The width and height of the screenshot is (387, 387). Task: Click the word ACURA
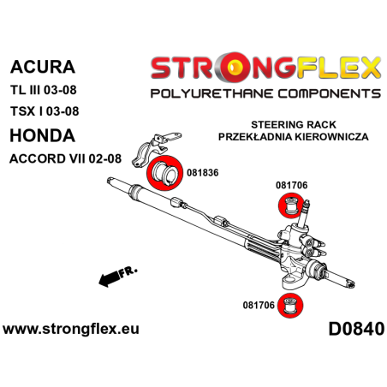pyautogui.click(x=43, y=67)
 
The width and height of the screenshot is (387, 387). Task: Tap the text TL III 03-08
pyautogui.click(x=44, y=90)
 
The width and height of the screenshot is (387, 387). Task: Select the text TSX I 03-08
pyautogui.click(x=45, y=111)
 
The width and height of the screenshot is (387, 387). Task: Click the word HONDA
pyautogui.click(x=43, y=135)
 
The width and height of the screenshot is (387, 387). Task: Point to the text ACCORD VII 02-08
pyautogui.click(x=66, y=158)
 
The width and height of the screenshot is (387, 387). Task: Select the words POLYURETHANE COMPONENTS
pyautogui.click(x=265, y=93)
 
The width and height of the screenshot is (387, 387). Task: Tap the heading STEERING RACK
pyautogui.click(x=294, y=125)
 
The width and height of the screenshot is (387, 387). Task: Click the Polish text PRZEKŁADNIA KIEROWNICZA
pyautogui.click(x=294, y=137)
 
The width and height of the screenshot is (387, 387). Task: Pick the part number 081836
pyautogui.click(x=202, y=173)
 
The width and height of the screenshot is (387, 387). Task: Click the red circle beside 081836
pyautogui.click(x=164, y=173)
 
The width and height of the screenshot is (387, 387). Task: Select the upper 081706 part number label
pyautogui.click(x=291, y=185)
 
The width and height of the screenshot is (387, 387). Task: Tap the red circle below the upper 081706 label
pyautogui.click(x=290, y=205)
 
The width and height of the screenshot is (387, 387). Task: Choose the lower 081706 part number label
pyautogui.click(x=259, y=305)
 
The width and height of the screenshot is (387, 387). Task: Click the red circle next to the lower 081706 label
pyautogui.click(x=290, y=305)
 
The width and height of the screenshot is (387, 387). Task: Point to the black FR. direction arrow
pyautogui.click(x=110, y=278)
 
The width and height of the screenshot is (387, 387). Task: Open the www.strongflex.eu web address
pyautogui.click(x=71, y=329)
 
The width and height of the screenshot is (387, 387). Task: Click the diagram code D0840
pyautogui.click(x=356, y=329)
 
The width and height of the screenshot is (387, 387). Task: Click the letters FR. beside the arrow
pyautogui.click(x=128, y=272)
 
